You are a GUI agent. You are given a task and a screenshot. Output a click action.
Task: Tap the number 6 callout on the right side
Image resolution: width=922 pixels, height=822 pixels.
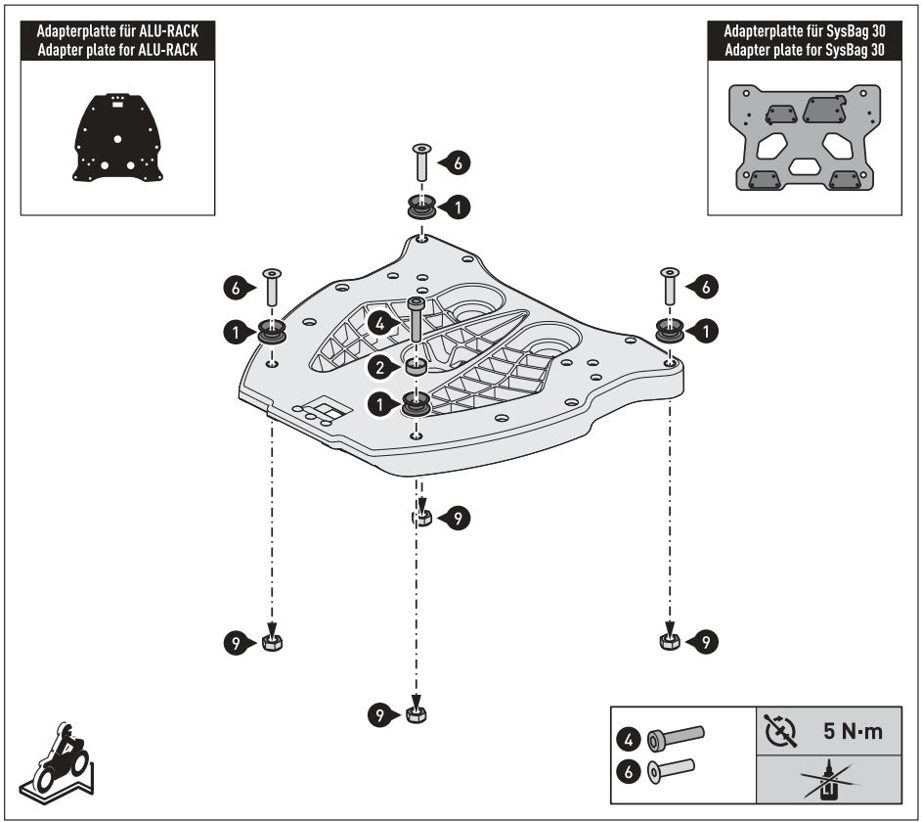pyautogui.click(x=707, y=286)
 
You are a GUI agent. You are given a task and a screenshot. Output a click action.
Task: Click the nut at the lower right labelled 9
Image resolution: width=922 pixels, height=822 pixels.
pyautogui.click(x=669, y=641)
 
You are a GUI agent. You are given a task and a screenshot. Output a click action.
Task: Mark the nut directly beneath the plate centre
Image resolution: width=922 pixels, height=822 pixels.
pyautogui.click(x=421, y=518)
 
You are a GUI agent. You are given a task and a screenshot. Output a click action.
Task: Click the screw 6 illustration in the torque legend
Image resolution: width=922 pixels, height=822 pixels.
pyautogui.click(x=671, y=769)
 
